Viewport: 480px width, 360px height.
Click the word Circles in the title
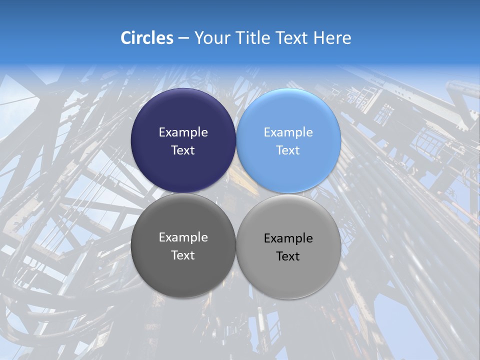[x=146, y=38]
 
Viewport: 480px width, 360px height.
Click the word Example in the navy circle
[x=183, y=132]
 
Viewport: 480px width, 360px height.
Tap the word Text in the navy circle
[x=183, y=150]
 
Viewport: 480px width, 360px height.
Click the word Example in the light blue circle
[x=288, y=132]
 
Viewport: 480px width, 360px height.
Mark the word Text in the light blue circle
[x=288, y=150]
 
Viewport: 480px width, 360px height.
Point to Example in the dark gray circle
[x=183, y=237]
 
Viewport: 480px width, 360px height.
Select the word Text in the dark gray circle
[x=183, y=255]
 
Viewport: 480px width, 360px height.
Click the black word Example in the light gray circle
[x=288, y=238]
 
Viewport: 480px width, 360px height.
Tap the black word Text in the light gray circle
[x=288, y=256]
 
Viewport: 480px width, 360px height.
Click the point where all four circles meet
[x=236, y=193]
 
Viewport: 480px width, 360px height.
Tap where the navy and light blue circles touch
[x=236, y=140]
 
